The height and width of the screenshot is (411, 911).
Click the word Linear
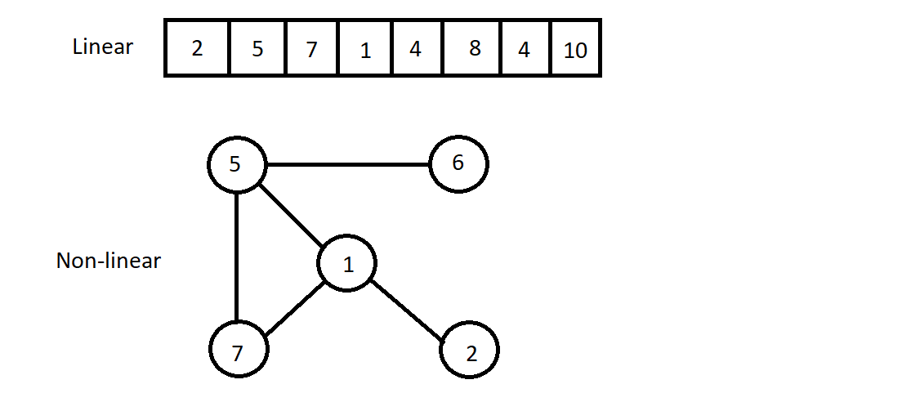(102, 47)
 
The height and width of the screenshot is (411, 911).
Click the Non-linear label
(108, 261)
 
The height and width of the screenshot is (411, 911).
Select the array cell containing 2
(197, 48)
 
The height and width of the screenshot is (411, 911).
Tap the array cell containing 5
(257, 48)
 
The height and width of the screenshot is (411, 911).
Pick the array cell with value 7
(311, 48)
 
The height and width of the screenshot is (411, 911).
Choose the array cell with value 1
(364, 48)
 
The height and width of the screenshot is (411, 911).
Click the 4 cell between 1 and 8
(416, 48)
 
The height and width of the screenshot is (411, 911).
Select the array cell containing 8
(475, 48)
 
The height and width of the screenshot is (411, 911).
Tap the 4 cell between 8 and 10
(524, 48)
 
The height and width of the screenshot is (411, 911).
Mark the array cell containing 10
(576, 48)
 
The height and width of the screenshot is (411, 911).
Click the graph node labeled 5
(236, 165)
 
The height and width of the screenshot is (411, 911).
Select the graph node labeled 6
(458, 163)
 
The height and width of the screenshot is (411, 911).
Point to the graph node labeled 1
(347, 264)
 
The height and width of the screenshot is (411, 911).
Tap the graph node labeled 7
(238, 351)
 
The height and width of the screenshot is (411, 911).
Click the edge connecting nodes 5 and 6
(347, 165)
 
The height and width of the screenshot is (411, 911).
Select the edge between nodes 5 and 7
(236, 257)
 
